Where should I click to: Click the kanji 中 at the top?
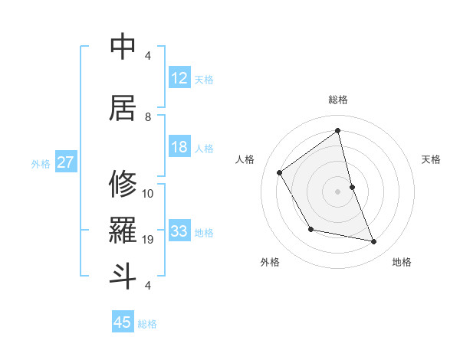[123, 46]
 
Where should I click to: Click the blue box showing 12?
[179, 78]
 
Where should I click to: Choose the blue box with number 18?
[179, 147]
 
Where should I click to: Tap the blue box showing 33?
[179, 231]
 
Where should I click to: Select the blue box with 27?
[66, 162]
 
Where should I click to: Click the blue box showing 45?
[123, 322]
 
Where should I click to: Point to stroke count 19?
[149, 240]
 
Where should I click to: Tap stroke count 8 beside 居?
[148, 116]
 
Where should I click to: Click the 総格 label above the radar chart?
[338, 100]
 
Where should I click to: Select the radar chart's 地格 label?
[402, 262]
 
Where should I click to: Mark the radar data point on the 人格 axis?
[280, 172]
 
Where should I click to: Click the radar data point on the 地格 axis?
[374, 242]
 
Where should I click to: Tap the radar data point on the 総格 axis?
[338, 130]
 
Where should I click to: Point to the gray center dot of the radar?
[338, 191]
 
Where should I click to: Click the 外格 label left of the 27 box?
[41, 163]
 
